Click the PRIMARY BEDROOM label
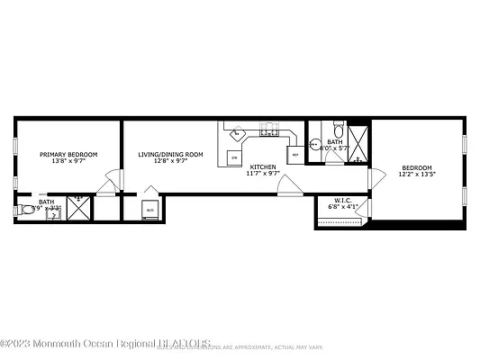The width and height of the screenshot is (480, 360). pyautogui.click(x=68, y=154)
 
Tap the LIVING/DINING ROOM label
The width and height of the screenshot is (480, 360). pyautogui.click(x=170, y=154)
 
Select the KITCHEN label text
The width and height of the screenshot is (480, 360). pyautogui.click(x=263, y=166)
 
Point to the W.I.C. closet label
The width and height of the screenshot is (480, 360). pyautogui.click(x=342, y=200)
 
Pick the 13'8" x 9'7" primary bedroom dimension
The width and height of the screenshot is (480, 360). pyautogui.click(x=68, y=162)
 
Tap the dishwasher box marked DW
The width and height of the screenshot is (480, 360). pyautogui.click(x=234, y=157)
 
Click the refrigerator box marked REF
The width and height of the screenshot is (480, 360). pyautogui.click(x=294, y=154)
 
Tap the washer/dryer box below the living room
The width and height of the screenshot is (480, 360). pyautogui.click(x=149, y=210)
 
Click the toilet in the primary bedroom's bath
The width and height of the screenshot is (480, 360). pyautogui.click(x=23, y=211)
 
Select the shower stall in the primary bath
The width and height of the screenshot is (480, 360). pyautogui.click(x=78, y=208)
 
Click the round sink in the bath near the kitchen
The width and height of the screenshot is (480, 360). pyautogui.click(x=314, y=144)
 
